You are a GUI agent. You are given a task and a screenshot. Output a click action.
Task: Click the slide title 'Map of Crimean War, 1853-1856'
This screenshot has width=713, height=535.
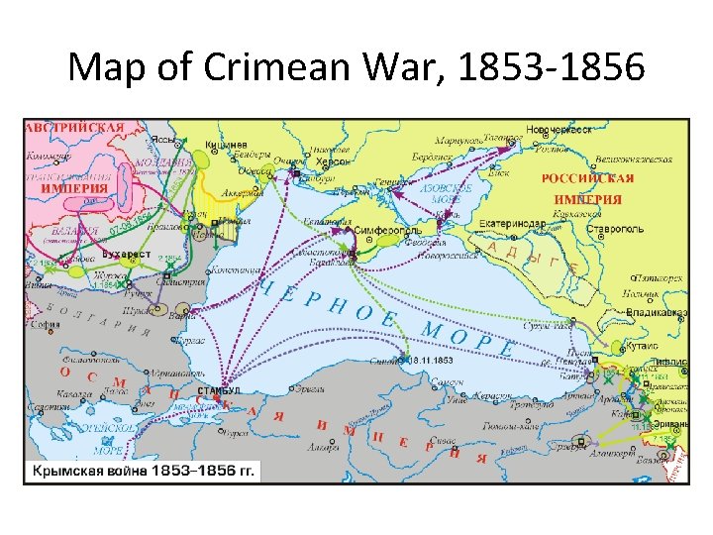[356, 68]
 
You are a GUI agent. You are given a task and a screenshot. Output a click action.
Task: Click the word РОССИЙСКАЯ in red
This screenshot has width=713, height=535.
[587, 178]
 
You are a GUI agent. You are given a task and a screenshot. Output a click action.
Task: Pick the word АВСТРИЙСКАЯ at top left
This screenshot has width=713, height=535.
[75, 127]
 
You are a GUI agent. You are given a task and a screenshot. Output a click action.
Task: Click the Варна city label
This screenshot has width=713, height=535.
[180, 317]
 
